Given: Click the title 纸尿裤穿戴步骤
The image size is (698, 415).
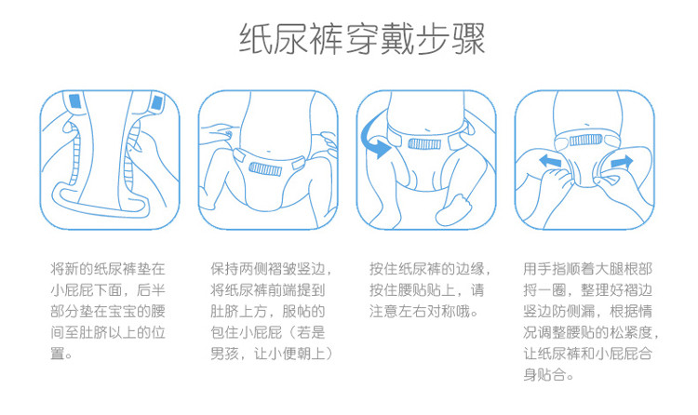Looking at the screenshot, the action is (x=362, y=39).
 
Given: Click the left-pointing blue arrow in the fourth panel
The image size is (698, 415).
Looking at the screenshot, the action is (x=550, y=161).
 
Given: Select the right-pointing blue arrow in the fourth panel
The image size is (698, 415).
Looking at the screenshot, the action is (x=622, y=162).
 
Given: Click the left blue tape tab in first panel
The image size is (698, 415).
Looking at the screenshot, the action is (x=74, y=101).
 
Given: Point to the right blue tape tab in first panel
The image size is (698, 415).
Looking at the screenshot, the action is (x=156, y=103).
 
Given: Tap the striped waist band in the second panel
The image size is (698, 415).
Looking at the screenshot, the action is (x=265, y=168).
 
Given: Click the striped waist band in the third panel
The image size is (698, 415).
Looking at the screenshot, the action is (x=424, y=144).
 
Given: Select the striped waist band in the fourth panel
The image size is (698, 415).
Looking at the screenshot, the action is (x=585, y=141).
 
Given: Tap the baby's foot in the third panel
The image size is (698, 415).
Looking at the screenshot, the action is (x=453, y=210).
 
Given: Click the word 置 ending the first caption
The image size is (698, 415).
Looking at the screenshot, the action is (x=58, y=354).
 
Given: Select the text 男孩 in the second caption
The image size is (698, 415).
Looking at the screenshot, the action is (x=225, y=354).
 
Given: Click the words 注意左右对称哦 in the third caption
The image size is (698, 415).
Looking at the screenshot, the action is (x=420, y=311).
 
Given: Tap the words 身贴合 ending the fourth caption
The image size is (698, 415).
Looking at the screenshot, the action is (x=544, y=374).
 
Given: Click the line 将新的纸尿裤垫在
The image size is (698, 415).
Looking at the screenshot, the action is (x=108, y=269).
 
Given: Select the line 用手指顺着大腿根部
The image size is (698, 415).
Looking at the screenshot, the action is (x=587, y=269).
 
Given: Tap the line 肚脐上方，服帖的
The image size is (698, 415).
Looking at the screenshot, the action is (x=268, y=311).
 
